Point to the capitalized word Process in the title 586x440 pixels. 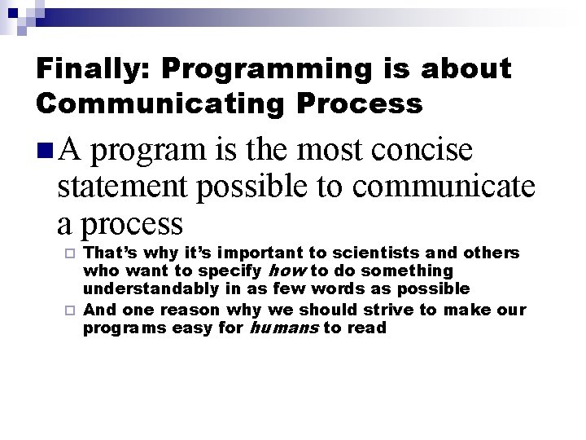pyautogui.click(x=368, y=104)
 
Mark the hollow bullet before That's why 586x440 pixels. pyautogui.click(x=70, y=253)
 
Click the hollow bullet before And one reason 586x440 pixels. pyautogui.click(x=70, y=310)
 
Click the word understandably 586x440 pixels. pyautogui.click(x=156, y=288)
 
